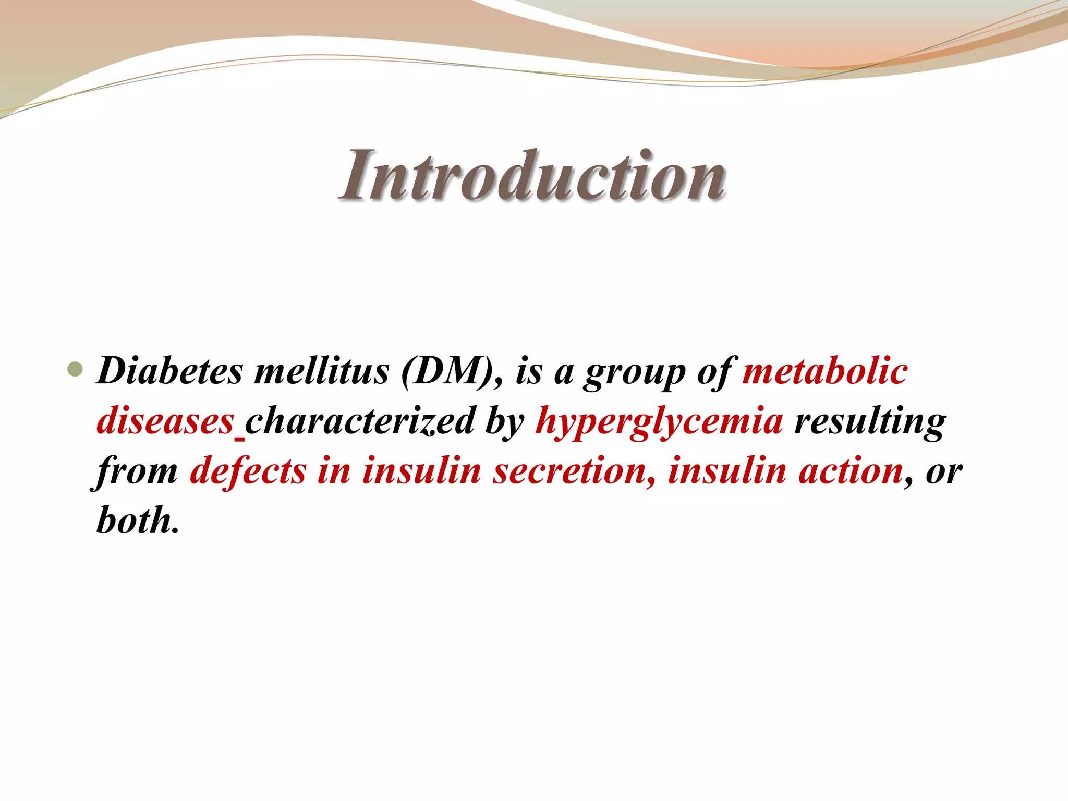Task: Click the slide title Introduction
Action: (533, 175)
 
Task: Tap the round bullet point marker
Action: (76, 370)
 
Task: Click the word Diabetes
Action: (170, 371)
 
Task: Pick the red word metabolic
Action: (825, 371)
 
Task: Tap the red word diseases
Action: (165, 420)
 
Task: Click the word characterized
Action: (360, 420)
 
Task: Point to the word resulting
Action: (869, 421)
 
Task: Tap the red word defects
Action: (248, 470)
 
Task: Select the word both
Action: (137, 520)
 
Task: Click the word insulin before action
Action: (727, 470)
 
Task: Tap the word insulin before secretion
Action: (421, 470)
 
